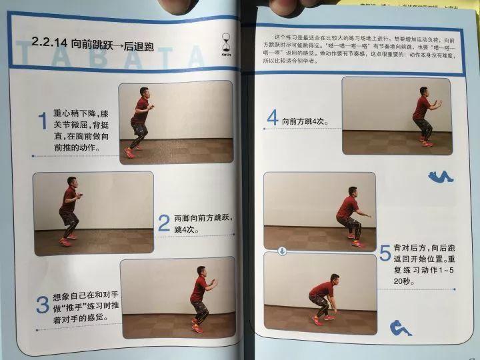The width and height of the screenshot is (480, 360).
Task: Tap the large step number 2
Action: click(x=164, y=223)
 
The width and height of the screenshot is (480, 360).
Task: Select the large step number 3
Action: click(x=42, y=303)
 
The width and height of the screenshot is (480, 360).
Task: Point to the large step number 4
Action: click(x=272, y=119)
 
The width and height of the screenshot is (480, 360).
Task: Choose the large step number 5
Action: click(x=385, y=253)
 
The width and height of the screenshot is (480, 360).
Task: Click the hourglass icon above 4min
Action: click(x=226, y=42)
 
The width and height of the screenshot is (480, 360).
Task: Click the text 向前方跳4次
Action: click(x=304, y=121)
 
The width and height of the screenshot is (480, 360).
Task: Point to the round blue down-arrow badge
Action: click(x=282, y=251)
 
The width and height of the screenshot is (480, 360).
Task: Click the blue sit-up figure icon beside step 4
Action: click(x=441, y=177)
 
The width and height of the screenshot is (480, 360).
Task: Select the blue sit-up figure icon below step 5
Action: click(x=401, y=327)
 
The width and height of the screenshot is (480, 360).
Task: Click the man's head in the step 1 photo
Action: click(x=145, y=92)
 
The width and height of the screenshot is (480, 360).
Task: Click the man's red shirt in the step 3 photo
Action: click(x=198, y=290)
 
